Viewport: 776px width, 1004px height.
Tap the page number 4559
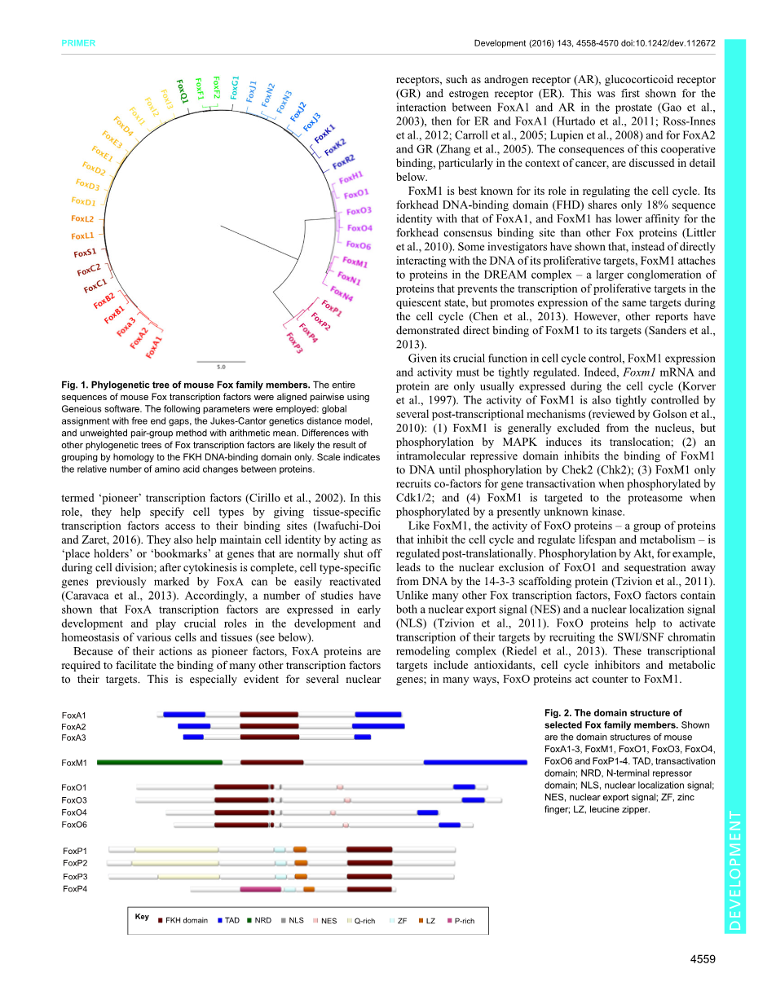[702, 959]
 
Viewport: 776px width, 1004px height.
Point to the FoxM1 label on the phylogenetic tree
[355, 262]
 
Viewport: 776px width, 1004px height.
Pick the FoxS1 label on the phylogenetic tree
[86, 253]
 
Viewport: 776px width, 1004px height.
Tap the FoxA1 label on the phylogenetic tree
[153, 346]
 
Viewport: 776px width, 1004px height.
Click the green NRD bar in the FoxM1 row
[160, 763]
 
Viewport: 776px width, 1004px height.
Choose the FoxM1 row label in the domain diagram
[74, 764]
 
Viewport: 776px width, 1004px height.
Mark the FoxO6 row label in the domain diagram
[74, 825]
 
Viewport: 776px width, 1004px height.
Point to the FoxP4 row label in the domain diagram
[75, 889]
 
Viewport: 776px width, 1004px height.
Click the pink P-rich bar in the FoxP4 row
[261, 889]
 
